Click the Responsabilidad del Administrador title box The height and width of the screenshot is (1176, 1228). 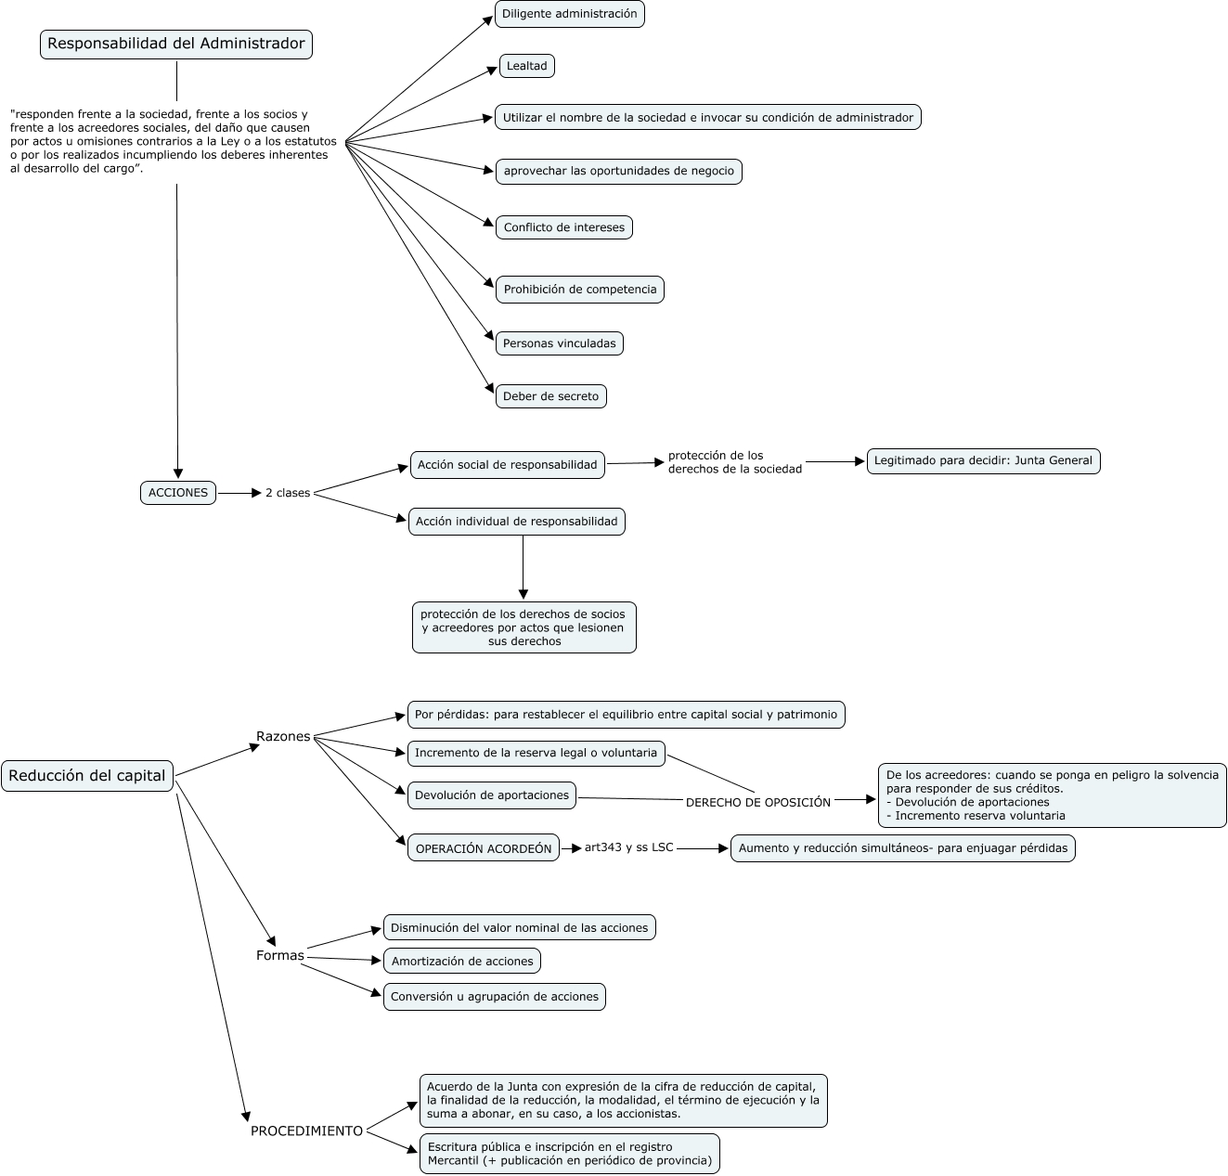coord(176,44)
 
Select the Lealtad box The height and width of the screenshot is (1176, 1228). coord(527,66)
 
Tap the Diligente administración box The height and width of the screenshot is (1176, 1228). coord(570,14)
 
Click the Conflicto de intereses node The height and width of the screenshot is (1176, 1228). coord(563,227)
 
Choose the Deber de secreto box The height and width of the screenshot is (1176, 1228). coord(550,396)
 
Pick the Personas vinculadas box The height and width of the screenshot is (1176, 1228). coord(559,343)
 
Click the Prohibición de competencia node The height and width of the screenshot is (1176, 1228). coord(579,290)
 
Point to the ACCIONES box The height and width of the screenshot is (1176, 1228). coord(178,493)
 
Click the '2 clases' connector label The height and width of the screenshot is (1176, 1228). coord(288,493)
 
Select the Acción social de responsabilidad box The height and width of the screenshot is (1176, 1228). coord(507,465)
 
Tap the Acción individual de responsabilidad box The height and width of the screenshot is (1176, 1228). coord(517,522)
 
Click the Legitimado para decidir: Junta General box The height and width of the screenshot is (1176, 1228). coord(983,460)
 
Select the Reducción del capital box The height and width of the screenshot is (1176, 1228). coord(88,776)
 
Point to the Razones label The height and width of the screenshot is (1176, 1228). coord(283,737)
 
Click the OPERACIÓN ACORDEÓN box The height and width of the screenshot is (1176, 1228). coord(484,848)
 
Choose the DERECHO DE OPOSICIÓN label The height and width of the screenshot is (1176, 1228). coord(758,803)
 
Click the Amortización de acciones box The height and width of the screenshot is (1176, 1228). coord(462,962)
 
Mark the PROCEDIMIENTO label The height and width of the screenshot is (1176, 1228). coord(306,1131)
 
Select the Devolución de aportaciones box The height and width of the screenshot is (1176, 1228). coord(492,795)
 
